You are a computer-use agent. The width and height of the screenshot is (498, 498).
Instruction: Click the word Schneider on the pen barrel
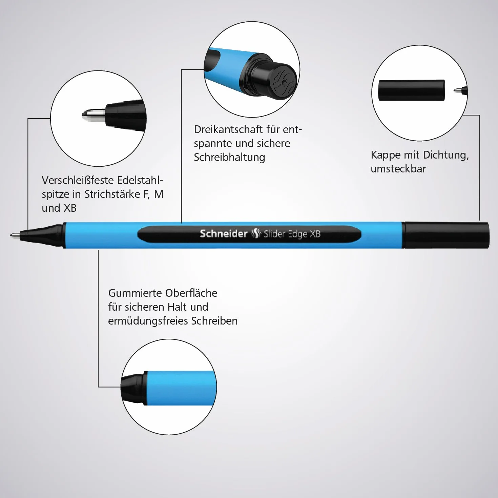(x=224, y=234)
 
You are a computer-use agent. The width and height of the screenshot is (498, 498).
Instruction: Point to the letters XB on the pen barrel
(x=315, y=234)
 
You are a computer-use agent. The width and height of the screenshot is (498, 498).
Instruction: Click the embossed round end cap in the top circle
(x=283, y=81)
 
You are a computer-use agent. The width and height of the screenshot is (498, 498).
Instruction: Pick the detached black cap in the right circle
(x=411, y=90)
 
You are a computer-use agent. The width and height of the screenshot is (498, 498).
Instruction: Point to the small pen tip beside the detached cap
(x=461, y=91)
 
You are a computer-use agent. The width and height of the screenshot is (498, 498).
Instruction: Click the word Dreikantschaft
(x=228, y=129)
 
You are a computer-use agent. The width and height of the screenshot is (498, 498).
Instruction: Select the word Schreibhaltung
(x=229, y=158)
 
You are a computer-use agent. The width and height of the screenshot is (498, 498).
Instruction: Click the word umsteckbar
(x=398, y=169)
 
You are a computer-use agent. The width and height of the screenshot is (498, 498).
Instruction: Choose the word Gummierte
(x=134, y=293)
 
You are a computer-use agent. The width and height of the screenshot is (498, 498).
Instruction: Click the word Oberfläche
(x=191, y=293)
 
